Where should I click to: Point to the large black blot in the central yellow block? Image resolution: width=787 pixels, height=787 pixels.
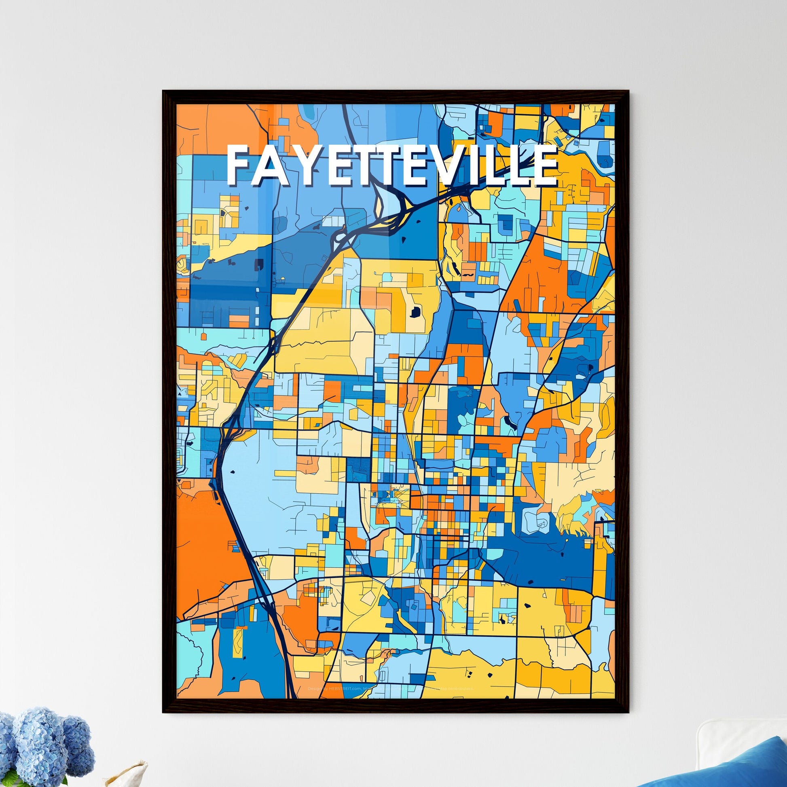pyautogui.click(x=415, y=313)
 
